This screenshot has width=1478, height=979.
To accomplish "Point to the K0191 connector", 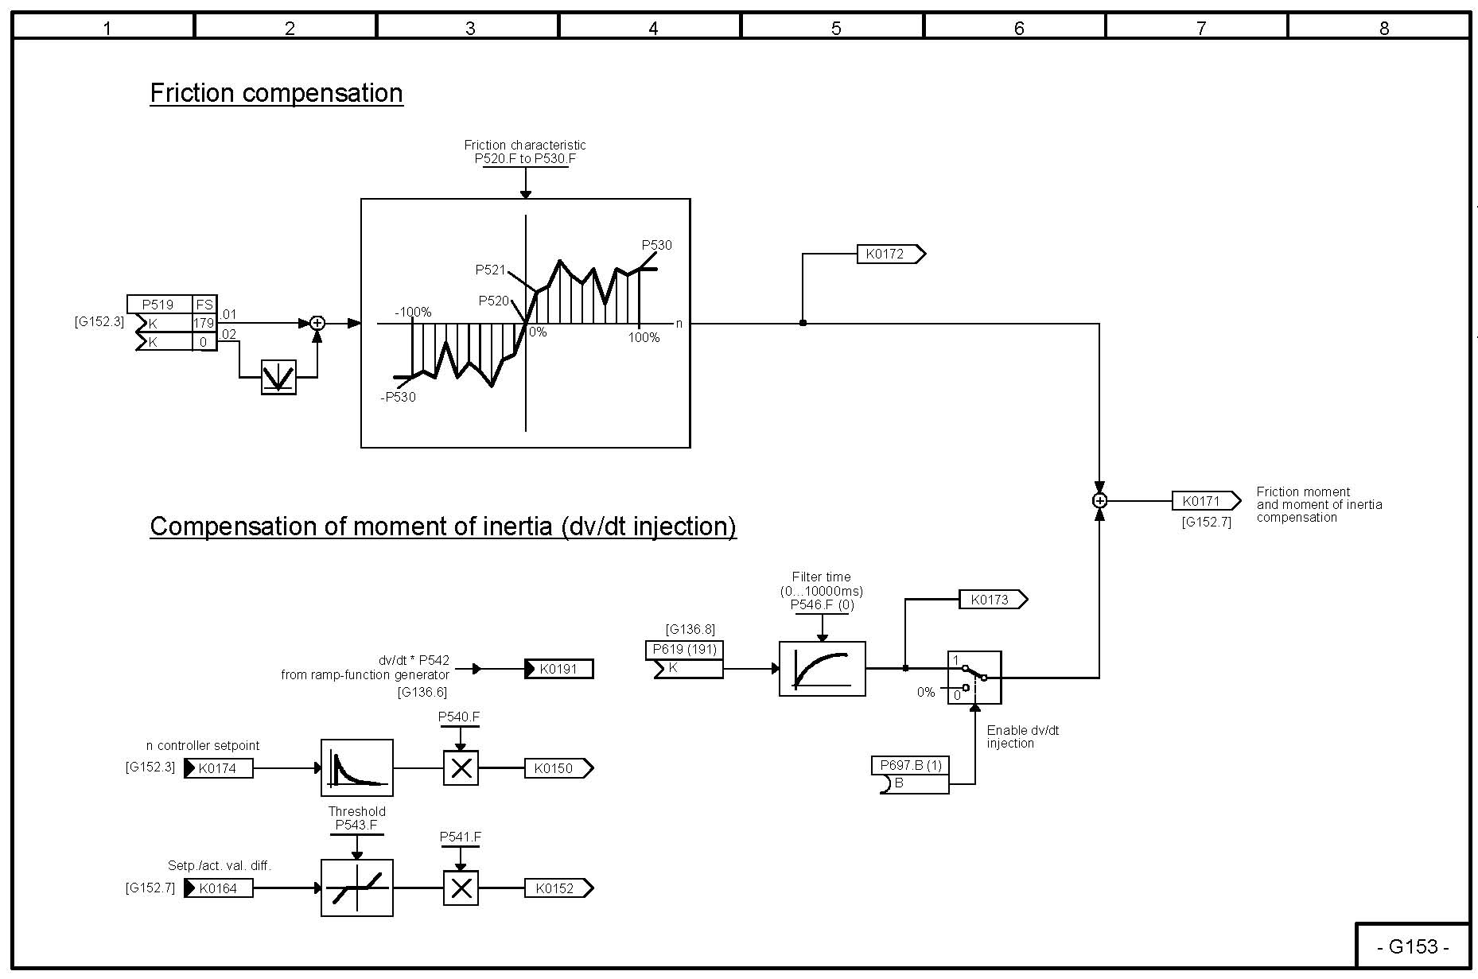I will [x=559, y=669].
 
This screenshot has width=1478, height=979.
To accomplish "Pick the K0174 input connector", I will [x=219, y=768].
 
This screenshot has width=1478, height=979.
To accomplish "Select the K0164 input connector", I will [x=219, y=888].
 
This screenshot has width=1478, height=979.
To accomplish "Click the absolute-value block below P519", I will [x=278, y=377].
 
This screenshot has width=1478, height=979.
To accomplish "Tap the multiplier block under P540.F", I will [x=461, y=768].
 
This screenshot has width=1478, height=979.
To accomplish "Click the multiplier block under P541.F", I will [x=461, y=888].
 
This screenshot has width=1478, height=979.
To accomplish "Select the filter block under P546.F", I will [x=822, y=669].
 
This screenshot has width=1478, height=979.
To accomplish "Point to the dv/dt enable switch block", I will [x=974, y=678].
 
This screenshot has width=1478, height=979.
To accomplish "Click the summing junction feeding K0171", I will [x=1099, y=501].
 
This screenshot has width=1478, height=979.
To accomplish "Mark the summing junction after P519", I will [x=317, y=323].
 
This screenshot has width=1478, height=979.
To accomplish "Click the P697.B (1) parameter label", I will [x=910, y=765].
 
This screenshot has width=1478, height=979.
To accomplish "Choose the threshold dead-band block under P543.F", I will [x=356, y=888].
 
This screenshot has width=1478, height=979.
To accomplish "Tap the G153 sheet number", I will [x=1413, y=946].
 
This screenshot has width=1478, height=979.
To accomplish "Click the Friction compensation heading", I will [x=276, y=93].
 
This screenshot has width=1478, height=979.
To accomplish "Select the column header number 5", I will [x=835, y=29].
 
